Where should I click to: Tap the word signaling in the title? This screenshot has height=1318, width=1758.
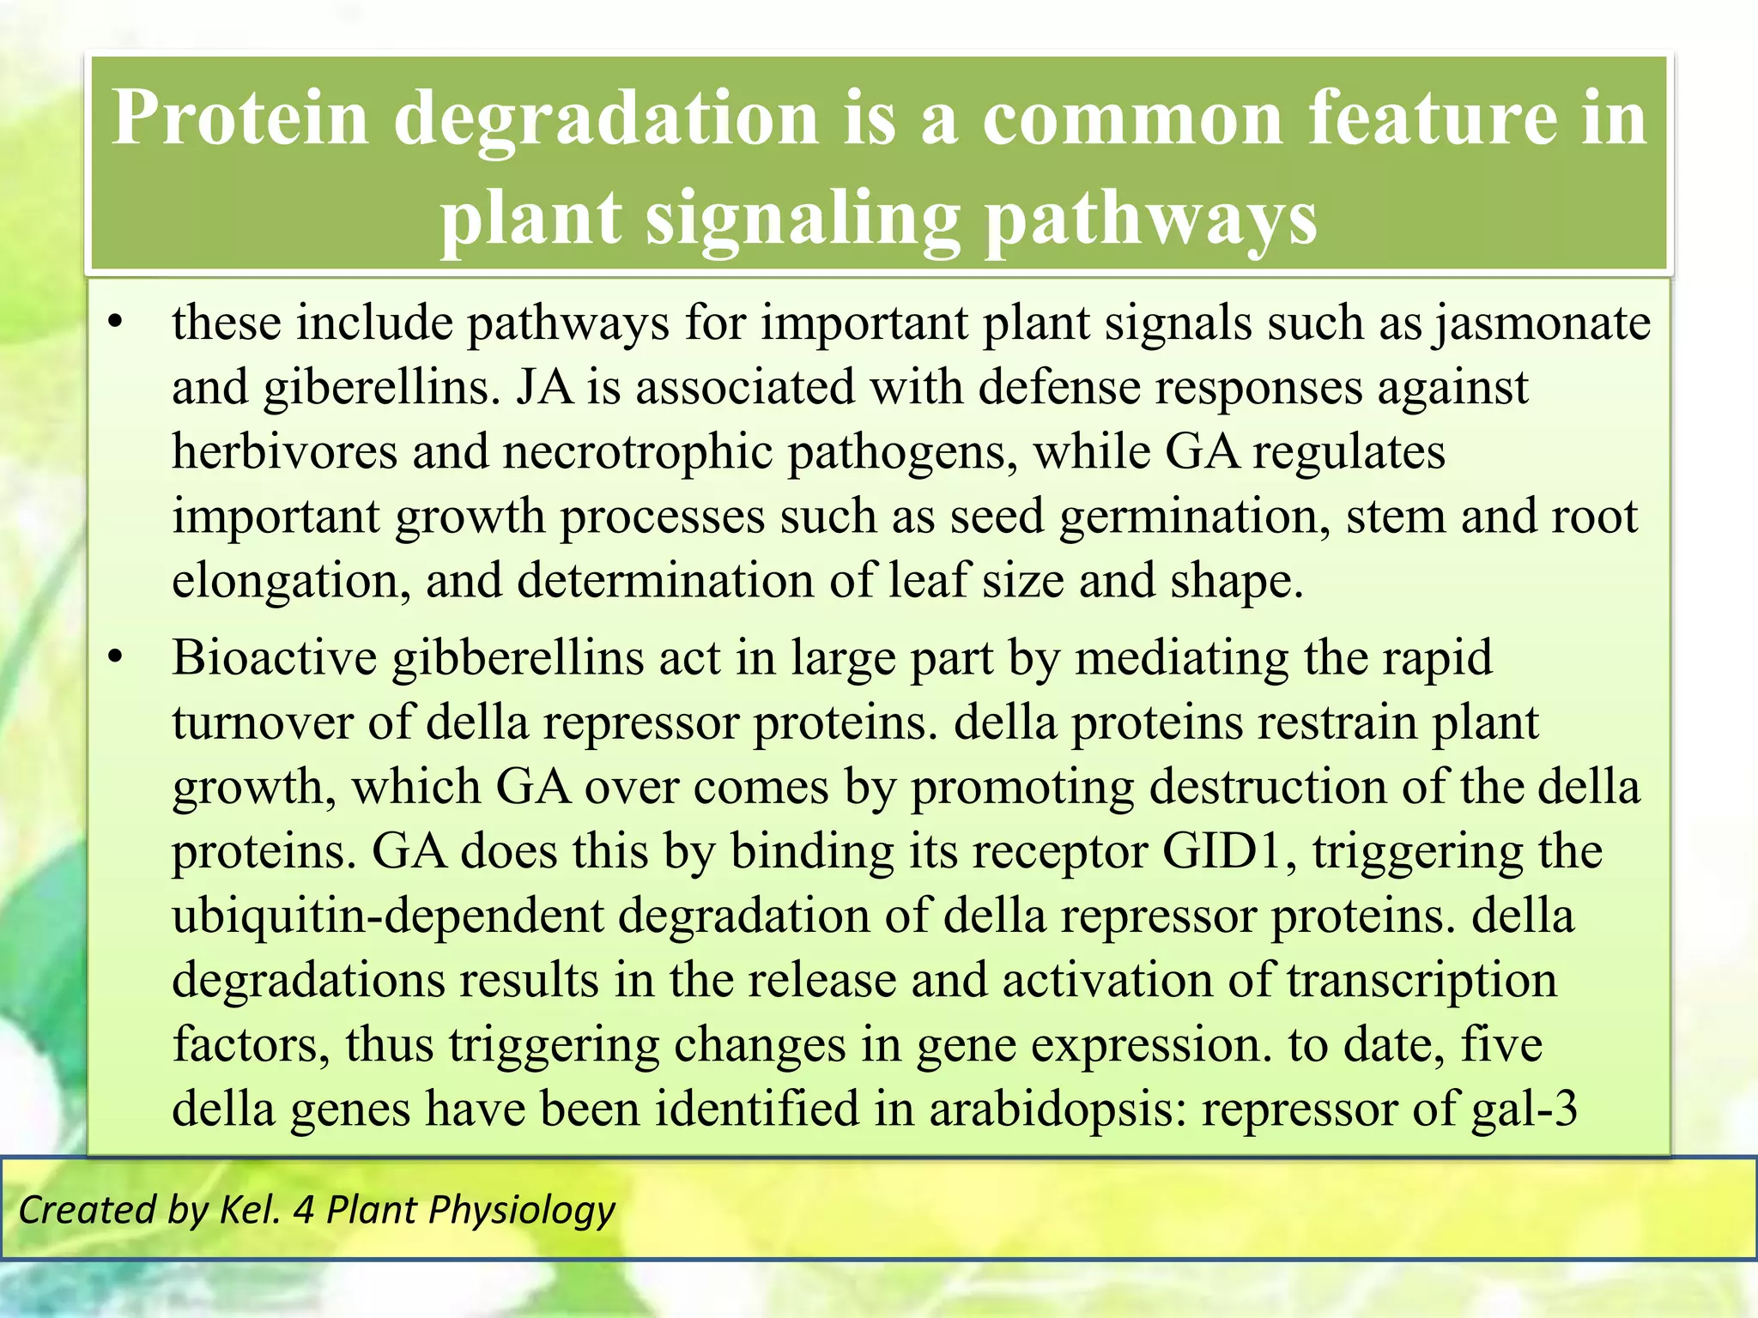[x=802, y=218]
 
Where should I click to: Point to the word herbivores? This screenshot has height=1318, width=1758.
[x=284, y=452]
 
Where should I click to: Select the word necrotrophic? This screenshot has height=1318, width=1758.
[x=637, y=452]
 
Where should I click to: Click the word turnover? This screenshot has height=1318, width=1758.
[x=263, y=722]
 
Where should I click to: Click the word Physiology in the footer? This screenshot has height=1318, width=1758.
[x=521, y=1211]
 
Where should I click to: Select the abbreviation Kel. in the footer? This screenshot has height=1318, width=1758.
[x=250, y=1210]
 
